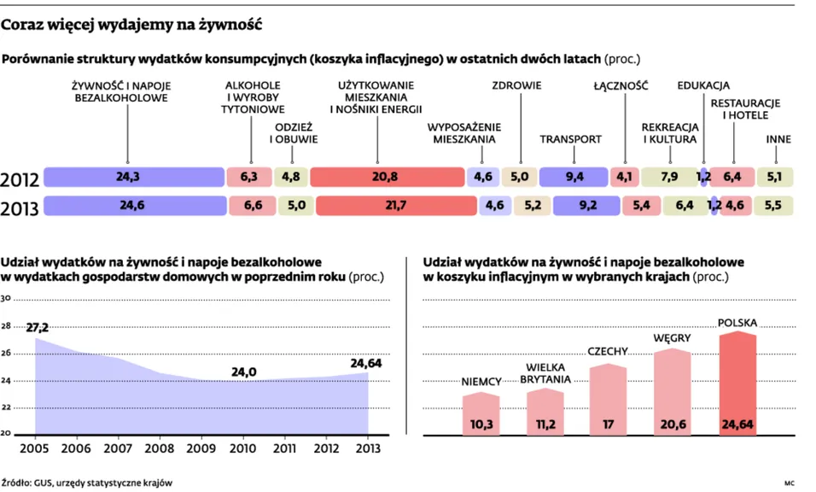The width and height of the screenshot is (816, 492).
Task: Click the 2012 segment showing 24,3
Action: (x=132, y=177)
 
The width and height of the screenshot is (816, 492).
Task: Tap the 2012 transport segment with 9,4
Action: (x=574, y=177)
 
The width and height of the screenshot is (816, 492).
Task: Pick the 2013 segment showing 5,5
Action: (x=773, y=206)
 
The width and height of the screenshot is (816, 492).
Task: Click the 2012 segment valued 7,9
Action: (x=669, y=177)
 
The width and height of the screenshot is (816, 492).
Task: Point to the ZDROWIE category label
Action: (x=516, y=85)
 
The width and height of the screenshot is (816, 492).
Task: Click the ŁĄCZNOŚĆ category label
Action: (x=621, y=85)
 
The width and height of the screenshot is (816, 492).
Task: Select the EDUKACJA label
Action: (x=703, y=85)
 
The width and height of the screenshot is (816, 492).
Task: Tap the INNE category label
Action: (x=778, y=139)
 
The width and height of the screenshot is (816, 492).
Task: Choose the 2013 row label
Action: (x=20, y=208)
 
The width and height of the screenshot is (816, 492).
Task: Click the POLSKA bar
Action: (x=737, y=383)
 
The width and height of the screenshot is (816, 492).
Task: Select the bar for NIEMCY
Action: (x=481, y=413)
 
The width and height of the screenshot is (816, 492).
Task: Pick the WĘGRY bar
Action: (x=672, y=391)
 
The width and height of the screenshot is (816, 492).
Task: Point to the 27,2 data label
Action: (x=38, y=327)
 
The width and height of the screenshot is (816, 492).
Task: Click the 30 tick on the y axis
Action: (x=5, y=299)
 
